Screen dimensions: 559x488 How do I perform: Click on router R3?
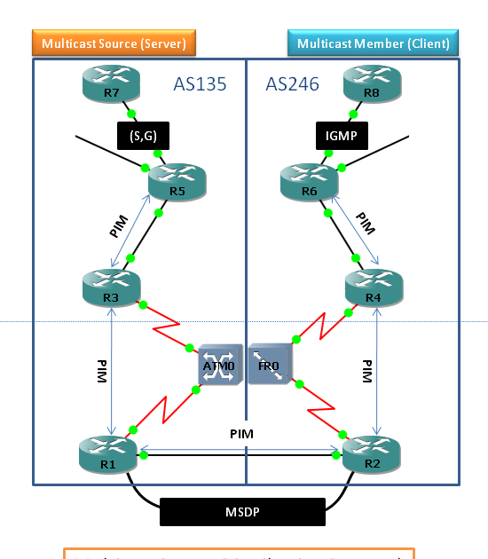click(x=108, y=286)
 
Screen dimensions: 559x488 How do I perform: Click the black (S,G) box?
click(x=143, y=135)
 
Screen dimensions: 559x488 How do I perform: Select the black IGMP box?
click(x=342, y=135)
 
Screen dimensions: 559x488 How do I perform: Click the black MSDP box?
click(x=242, y=512)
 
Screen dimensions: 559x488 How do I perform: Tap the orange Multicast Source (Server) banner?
click(x=114, y=43)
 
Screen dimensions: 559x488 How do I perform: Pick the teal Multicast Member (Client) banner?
click(x=373, y=43)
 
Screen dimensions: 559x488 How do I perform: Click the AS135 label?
click(x=200, y=85)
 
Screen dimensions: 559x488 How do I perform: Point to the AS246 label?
click(x=293, y=85)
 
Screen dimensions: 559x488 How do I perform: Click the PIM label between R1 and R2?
click(x=242, y=432)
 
